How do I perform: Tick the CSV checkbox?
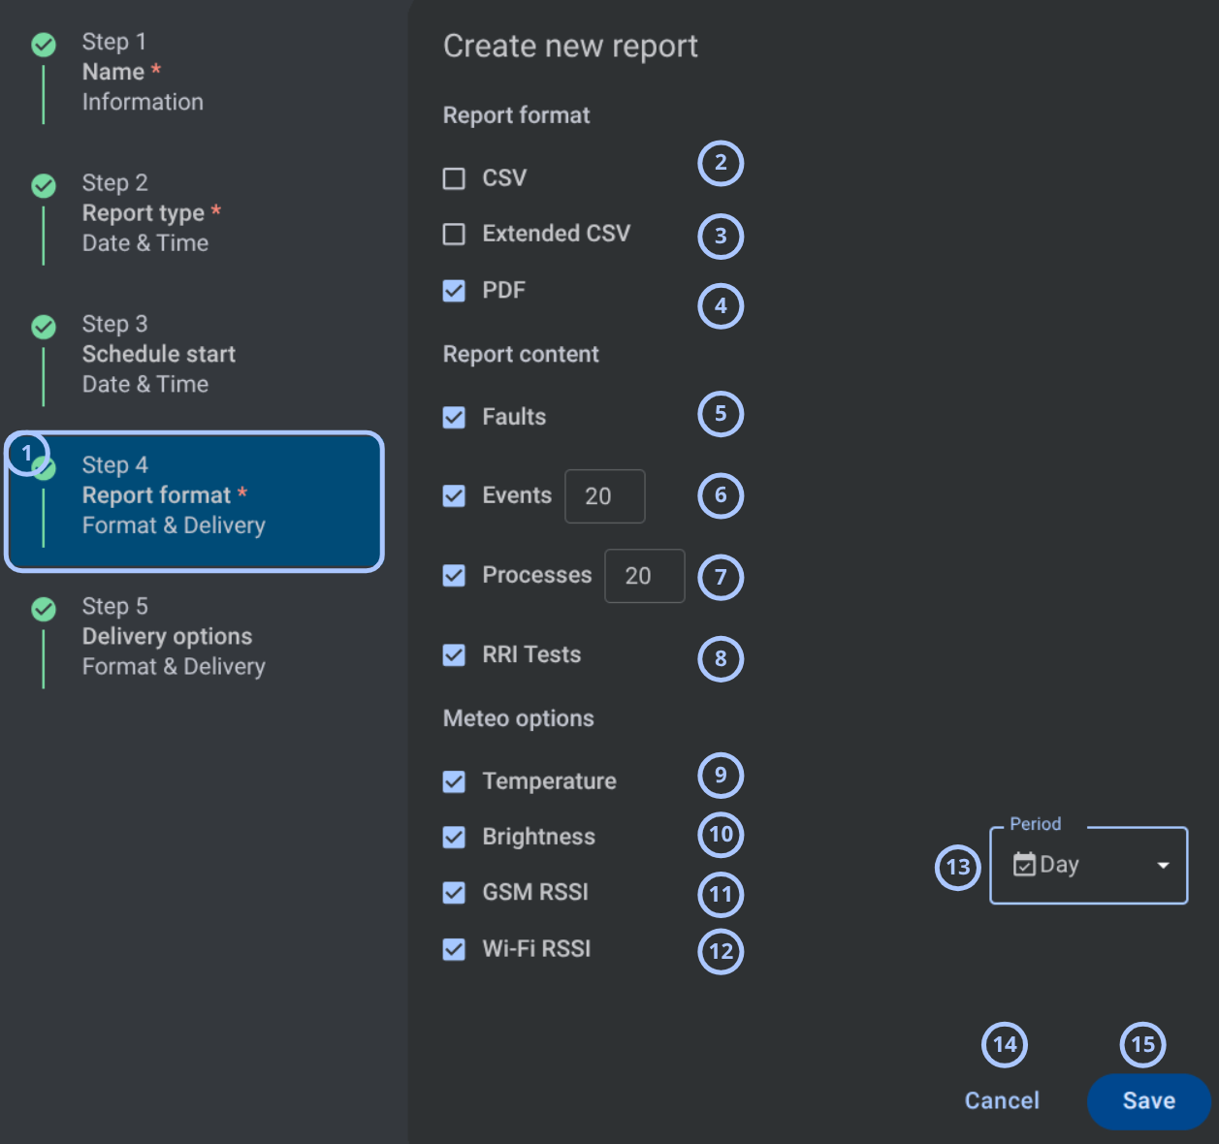(454, 178)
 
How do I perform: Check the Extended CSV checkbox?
(454, 234)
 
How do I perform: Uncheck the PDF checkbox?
(454, 290)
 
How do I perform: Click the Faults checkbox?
(454, 417)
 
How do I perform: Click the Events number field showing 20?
(604, 496)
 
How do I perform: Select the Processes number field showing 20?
(645, 576)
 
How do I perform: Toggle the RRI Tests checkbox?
(454, 654)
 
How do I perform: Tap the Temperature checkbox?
(454, 781)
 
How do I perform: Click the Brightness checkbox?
(454, 837)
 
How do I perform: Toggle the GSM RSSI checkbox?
(454, 892)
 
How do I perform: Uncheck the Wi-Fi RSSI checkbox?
(454, 949)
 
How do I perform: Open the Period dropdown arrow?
(1163, 866)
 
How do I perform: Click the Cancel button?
(1002, 1100)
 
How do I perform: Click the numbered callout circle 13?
(957, 867)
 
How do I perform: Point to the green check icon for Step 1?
(44, 45)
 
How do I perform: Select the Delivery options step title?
(167, 636)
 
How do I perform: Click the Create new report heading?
(570, 46)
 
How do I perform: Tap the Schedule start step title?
(159, 354)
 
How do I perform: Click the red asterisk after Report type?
(216, 210)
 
